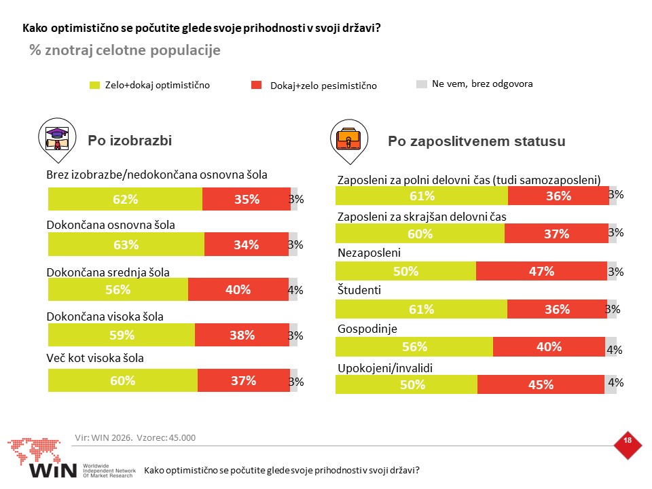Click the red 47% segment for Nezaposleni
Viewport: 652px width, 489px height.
point(541,271)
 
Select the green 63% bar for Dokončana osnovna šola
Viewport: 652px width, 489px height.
point(126,244)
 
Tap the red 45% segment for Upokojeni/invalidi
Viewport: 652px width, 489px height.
point(541,384)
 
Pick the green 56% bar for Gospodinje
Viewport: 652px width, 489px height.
point(414,347)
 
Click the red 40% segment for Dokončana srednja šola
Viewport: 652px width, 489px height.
point(238,289)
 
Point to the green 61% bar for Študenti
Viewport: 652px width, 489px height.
point(421,309)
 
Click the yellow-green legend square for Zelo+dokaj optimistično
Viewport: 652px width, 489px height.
point(95,86)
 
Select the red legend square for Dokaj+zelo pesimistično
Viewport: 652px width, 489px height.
point(257,86)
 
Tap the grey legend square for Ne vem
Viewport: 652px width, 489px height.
point(422,84)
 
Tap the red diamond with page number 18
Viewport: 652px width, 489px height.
point(628,445)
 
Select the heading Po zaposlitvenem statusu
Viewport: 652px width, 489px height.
point(477,141)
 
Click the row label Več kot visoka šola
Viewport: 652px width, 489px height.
point(95,358)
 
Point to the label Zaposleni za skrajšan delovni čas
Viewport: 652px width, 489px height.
point(422,217)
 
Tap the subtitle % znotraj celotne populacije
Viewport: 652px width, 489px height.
point(125,50)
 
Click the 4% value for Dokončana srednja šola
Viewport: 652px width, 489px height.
point(295,290)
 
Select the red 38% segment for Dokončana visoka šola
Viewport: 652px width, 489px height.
point(242,335)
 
